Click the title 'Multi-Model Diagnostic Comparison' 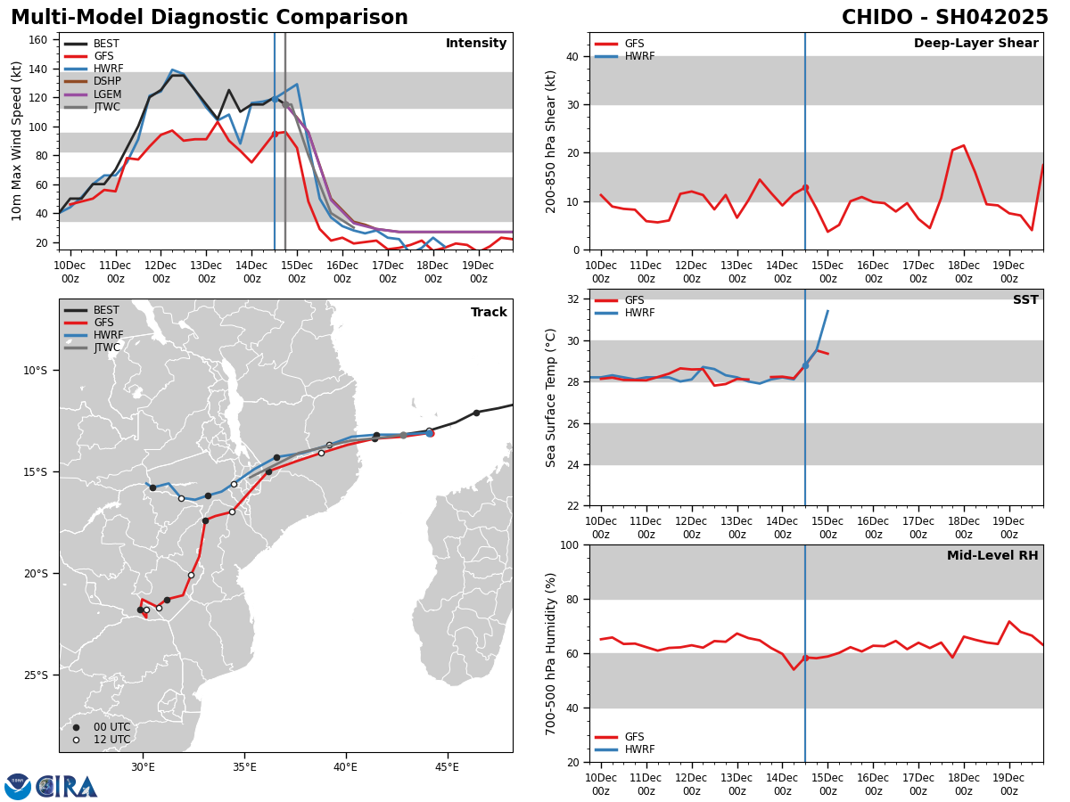(x=210, y=18)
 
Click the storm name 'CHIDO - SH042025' (x=944, y=18)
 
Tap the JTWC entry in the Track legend (x=106, y=348)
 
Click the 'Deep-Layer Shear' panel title (x=975, y=44)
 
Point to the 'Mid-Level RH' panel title (x=992, y=556)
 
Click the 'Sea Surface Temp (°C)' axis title (x=551, y=397)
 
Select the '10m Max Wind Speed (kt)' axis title (x=17, y=141)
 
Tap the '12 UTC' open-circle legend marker (x=76, y=740)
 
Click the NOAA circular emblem (x=18, y=786)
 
